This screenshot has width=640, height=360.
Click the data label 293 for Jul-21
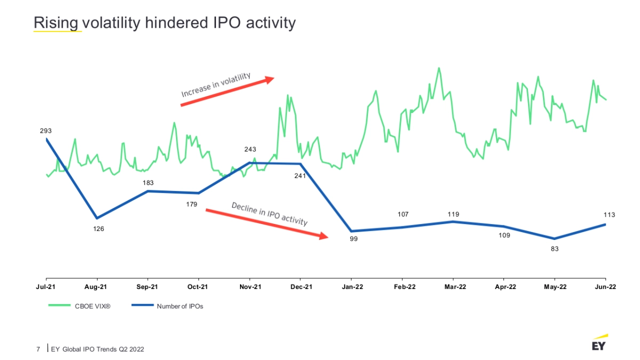tap(46, 131)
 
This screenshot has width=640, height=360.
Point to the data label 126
tap(99, 229)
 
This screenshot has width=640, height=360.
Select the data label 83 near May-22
tap(555, 249)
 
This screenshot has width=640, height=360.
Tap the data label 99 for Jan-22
tap(354, 239)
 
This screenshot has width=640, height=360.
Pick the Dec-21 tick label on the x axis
tap(301, 287)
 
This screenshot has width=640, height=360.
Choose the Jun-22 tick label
tap(605, 287)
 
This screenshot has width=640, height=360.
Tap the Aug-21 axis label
tap(97, 287)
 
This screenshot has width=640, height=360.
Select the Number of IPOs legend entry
tap(180, 306)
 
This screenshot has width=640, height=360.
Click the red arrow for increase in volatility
tap(227, 92)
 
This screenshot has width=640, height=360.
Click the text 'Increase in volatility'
tap(215, 84)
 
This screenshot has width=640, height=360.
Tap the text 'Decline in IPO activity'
tap(269, 213)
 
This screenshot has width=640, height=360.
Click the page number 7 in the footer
tap(38, 349)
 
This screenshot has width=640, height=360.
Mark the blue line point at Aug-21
tap(97, 218)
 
